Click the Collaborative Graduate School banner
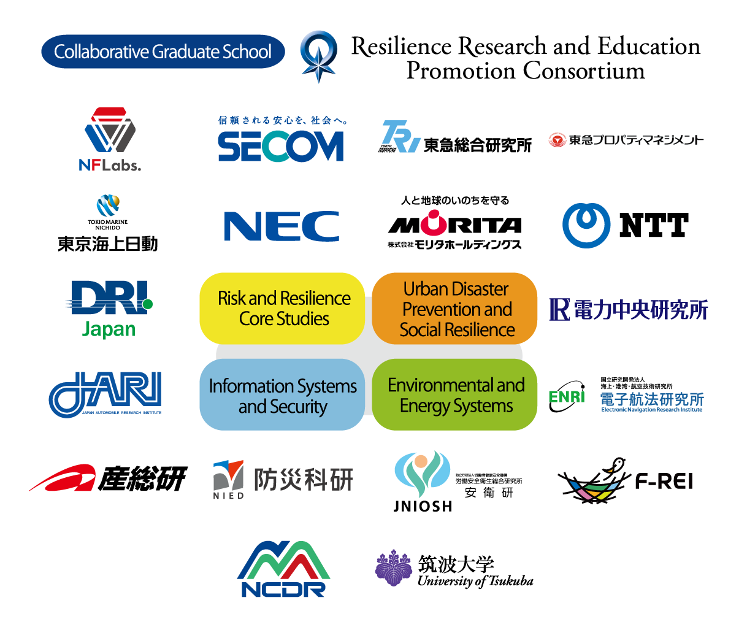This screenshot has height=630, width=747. coord(163,52)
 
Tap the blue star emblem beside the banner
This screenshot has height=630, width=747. coord(318,56)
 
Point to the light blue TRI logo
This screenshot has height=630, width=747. coord(401,136)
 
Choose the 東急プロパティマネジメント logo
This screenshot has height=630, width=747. coord(626,140)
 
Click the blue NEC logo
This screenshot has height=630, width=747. coord(282,226)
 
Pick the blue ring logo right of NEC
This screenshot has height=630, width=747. coord(586,225)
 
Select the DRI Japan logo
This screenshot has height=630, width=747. coord(109,309)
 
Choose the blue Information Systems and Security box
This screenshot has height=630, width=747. coord(282,396)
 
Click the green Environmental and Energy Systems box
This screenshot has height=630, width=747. coord(455,395)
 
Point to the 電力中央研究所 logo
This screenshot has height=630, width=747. coord(629,310)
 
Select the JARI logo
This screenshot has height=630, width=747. coord(105,394)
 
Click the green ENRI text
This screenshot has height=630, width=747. coord(566,397)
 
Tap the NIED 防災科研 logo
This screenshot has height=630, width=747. coord(283,479)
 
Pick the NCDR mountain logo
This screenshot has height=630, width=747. coord(283,569)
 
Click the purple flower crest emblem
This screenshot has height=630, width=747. coord(393,568)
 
